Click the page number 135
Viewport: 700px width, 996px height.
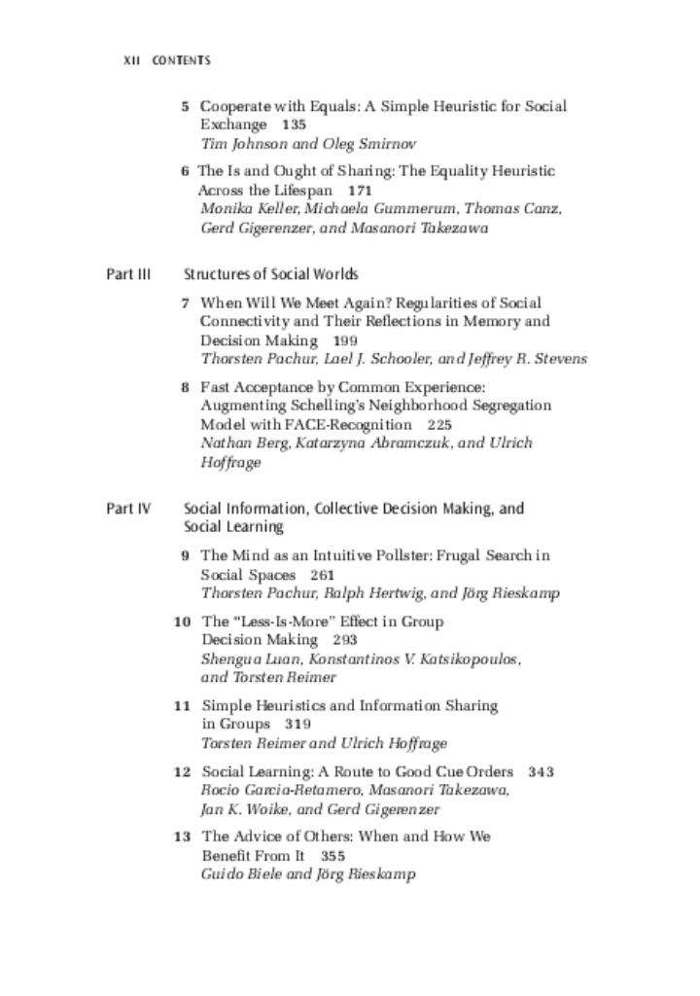coord(294,125)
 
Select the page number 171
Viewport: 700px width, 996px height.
coord(360,191)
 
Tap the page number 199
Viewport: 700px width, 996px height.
coord(345,341)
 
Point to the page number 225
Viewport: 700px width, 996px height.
coord(439,425)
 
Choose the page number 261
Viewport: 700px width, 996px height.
coord(323,575)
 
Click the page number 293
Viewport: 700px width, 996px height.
coord(345,640)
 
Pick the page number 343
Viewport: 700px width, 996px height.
coord(542,772)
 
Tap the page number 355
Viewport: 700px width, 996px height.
coord(332,856)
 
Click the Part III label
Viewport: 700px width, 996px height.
coord(128,274)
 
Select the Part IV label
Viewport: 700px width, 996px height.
coord(128,509)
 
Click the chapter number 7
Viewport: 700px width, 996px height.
coord(185,303)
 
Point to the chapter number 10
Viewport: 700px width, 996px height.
coord(182,622)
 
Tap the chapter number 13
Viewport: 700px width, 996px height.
coord(182,836)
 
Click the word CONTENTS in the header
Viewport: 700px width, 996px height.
coord(181,60)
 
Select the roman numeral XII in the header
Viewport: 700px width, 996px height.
coord(132,60)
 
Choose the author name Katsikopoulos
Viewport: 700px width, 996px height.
coord(458,658)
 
